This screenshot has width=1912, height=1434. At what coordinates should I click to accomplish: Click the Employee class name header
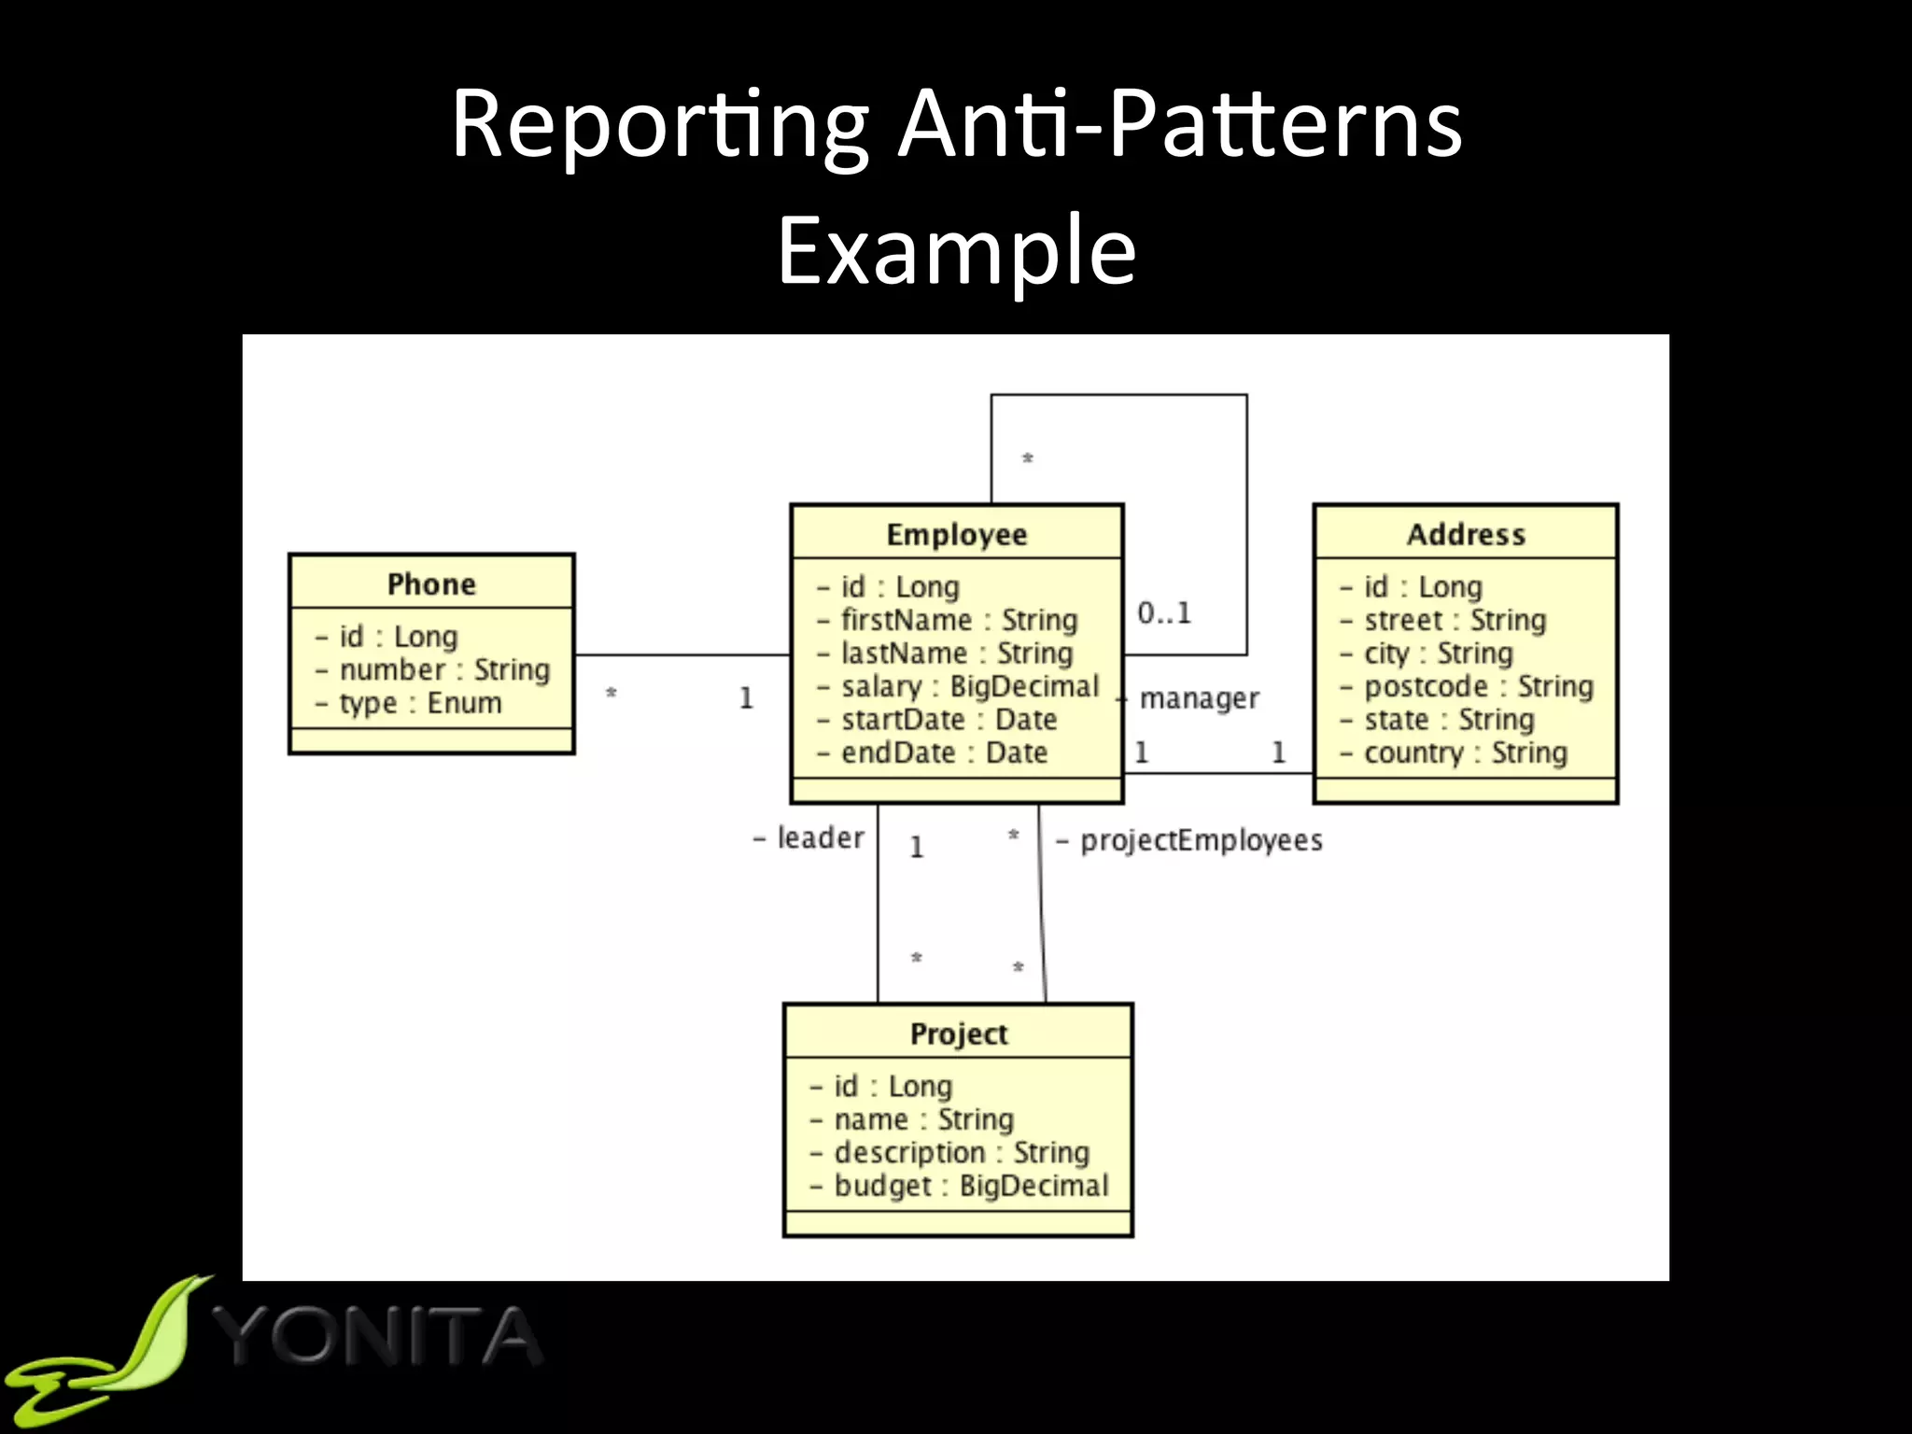click(956, 534)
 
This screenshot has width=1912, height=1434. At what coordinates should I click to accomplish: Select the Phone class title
click(431, 583)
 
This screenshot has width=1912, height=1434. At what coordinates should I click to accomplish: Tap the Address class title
click(1466, 534)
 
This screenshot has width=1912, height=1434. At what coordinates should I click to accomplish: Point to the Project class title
click(958, 1033)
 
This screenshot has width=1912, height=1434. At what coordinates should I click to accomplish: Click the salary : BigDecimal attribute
click(969, 686)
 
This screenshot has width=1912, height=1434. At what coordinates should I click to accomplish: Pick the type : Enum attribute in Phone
click(419, 703)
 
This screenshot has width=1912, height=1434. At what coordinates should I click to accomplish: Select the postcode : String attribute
click(1477, 686)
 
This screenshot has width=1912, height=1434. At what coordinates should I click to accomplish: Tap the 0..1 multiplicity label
click(1164, 613)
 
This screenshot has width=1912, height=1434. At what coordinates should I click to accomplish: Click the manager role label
click(1199, 698)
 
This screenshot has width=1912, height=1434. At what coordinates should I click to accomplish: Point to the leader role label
click(820, 838)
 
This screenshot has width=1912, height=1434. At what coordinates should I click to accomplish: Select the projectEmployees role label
click(1201, 840)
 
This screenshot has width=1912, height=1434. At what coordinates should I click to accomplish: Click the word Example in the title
click(956, 250)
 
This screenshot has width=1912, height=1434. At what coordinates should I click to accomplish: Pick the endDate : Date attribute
click(943, 752)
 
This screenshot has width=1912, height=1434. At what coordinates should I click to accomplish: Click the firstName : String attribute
click(958, 620)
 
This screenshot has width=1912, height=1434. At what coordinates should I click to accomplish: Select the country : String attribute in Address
click(1464, 752)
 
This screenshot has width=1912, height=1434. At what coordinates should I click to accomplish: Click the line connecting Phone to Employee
click(682, 655)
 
